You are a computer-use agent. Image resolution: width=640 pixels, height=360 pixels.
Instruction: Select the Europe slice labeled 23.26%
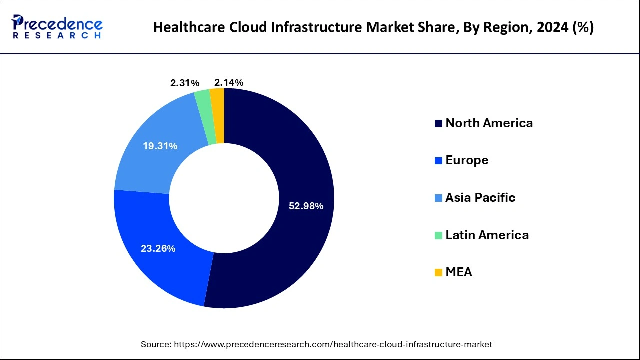pyautogui.click(x=150, y=260)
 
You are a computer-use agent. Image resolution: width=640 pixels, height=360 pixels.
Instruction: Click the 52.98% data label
pyautogui.click(x=306, y=206)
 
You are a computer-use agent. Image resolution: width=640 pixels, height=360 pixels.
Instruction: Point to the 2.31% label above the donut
pyautogui.click(x=185, y=83)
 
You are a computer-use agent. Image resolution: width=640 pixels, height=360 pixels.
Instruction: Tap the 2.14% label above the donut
pyautogui.click(x=229, y=82)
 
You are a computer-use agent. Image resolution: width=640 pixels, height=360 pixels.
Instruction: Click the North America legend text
pyautogui.click(x=489, y=123)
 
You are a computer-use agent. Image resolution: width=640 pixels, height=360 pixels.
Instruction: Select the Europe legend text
pyautogui.click(x=467, y=160)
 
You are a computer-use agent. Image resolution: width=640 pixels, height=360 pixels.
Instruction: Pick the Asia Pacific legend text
pyautogui.click(x=480, y=198)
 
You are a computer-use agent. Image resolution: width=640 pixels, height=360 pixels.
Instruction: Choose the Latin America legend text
pyautogui.click(x=487, y=235)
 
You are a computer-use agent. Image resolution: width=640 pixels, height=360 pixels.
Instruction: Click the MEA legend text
pyautogui.click(x=459, y=272)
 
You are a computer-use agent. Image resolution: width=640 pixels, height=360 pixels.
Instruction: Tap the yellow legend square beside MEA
pyautogui.click(x=438, y=273)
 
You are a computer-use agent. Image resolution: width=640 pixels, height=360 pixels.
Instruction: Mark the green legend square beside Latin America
pyautogui.click(x=438, y=235)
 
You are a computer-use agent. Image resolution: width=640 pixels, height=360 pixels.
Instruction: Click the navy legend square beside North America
pyautogui.click(x=438, y=124)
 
